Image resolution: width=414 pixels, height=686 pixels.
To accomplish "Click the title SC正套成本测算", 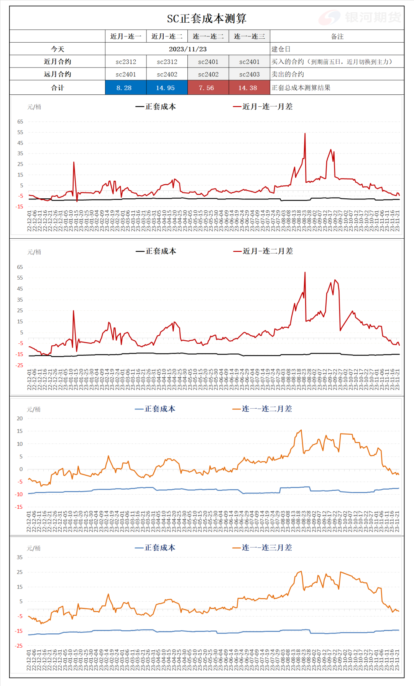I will (207, 18).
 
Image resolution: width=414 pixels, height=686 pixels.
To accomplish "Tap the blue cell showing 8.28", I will (124, 88).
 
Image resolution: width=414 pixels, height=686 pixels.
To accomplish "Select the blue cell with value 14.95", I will (165, 88).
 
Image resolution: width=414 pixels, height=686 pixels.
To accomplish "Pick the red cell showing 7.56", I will (207, 88).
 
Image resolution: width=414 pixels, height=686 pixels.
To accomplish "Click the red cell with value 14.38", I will (248, 88).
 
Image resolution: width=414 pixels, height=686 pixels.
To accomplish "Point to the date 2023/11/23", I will (188, 49).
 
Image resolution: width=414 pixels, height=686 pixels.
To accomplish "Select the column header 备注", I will (337, 36).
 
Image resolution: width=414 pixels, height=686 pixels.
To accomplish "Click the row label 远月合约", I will (58, 74).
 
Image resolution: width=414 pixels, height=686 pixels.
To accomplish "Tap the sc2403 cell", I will (249, 74).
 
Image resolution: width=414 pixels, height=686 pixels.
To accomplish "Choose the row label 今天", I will (58, 49).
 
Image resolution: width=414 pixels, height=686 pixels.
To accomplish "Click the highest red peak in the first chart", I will (305, 134).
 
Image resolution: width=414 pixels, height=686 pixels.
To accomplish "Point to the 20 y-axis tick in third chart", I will (20, 419).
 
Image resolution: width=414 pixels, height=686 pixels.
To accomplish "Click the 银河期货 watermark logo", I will (360, 17).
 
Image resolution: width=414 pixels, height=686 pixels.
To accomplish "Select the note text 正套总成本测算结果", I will (301, 88).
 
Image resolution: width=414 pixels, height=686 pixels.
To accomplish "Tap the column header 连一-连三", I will (249, 36).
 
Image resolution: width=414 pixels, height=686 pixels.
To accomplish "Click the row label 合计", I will (58, 88).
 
